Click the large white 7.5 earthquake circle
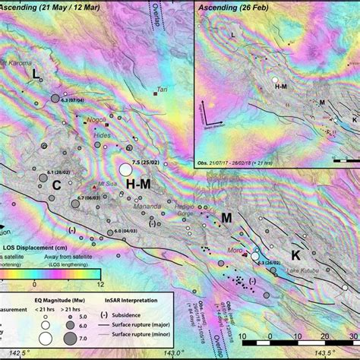coord(126,169)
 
